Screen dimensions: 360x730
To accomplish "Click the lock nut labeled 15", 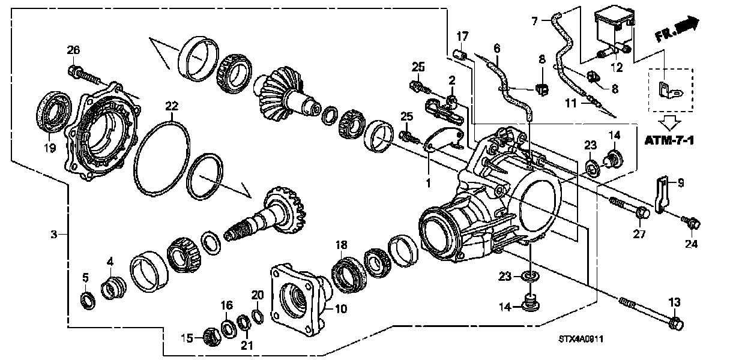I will coord(211,337).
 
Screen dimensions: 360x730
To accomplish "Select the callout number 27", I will coord(640,235).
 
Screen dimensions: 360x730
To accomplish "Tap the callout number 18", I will coord(342,245).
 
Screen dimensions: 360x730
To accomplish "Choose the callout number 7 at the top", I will coord(534,21).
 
